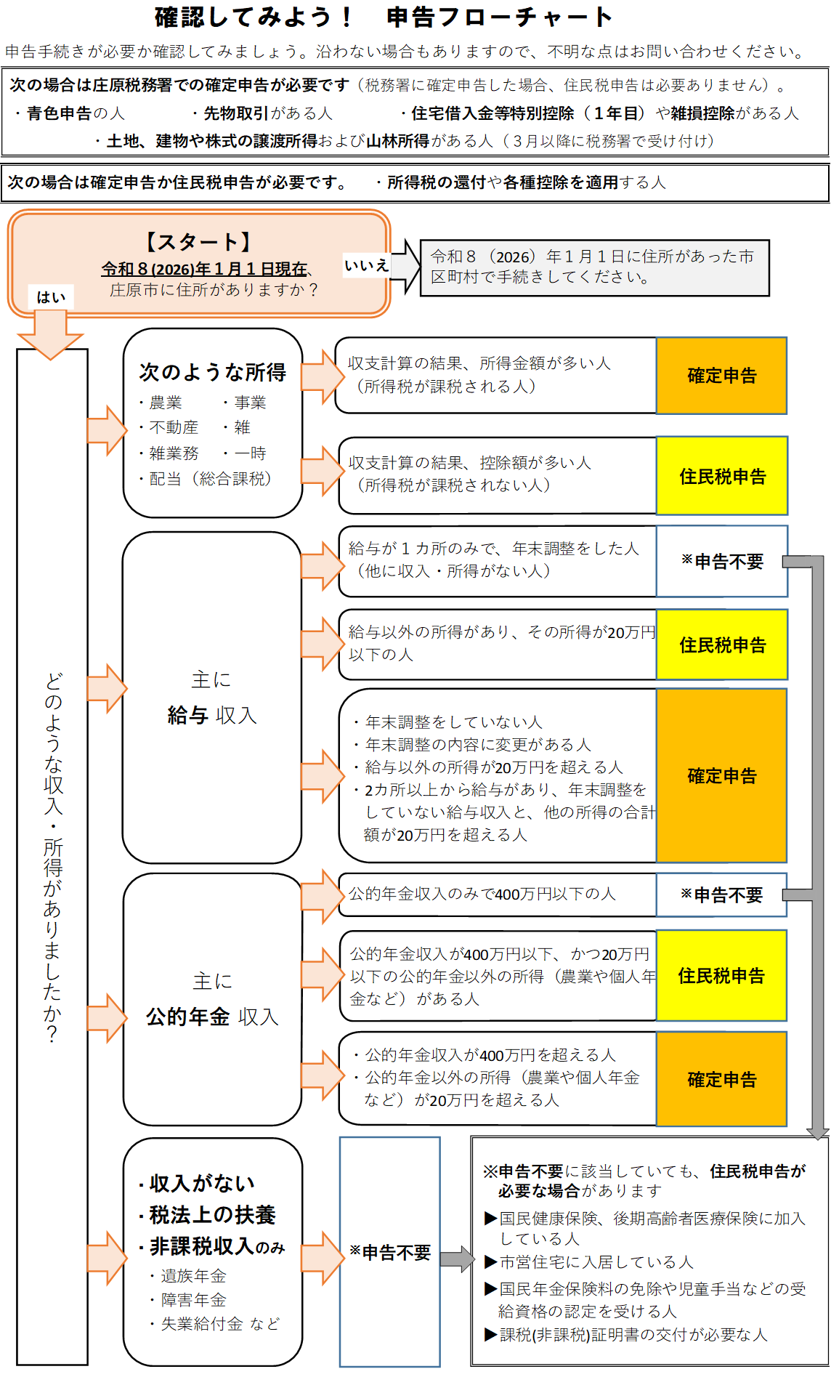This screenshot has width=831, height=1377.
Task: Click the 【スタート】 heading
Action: coord(198,242)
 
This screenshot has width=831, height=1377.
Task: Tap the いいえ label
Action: coord(366,266)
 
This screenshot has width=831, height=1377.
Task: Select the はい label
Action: coord(51,296)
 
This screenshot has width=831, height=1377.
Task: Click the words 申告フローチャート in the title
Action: coord(499,17)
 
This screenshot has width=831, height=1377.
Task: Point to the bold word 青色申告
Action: coord(60,113)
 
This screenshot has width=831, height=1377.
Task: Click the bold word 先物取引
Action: coord(236,113)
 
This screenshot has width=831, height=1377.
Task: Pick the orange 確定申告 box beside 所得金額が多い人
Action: coord(721,376)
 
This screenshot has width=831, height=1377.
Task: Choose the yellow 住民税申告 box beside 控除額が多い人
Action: coord(722,476)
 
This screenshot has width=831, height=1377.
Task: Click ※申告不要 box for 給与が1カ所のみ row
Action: coord(722,562)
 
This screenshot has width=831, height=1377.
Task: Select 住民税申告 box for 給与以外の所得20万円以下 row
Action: coord(722,645)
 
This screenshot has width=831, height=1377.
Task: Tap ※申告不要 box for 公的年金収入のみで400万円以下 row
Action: coord(721,895)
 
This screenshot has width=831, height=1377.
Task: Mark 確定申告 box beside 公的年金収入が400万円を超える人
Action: coord(721,1079)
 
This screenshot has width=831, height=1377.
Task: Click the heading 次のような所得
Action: coord(212,372)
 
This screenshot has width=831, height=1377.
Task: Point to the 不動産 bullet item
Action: coord(174,427)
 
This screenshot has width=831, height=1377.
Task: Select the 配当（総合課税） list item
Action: coord(210,479)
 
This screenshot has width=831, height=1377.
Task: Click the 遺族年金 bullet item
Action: coord(193,1276)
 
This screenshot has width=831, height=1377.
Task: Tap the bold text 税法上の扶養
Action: coord(212,1214)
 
